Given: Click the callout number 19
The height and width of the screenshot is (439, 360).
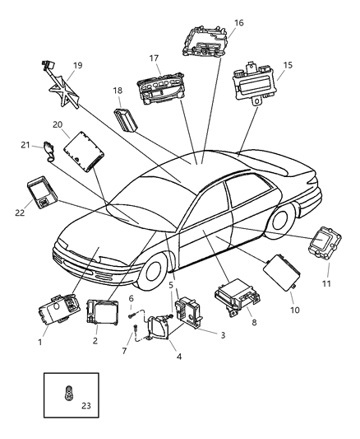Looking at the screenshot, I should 76,65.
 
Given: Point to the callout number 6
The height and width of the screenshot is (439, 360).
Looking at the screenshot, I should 130,297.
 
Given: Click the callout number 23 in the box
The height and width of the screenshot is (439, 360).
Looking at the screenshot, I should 86,405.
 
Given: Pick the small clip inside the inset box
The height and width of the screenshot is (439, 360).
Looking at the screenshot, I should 68,393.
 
